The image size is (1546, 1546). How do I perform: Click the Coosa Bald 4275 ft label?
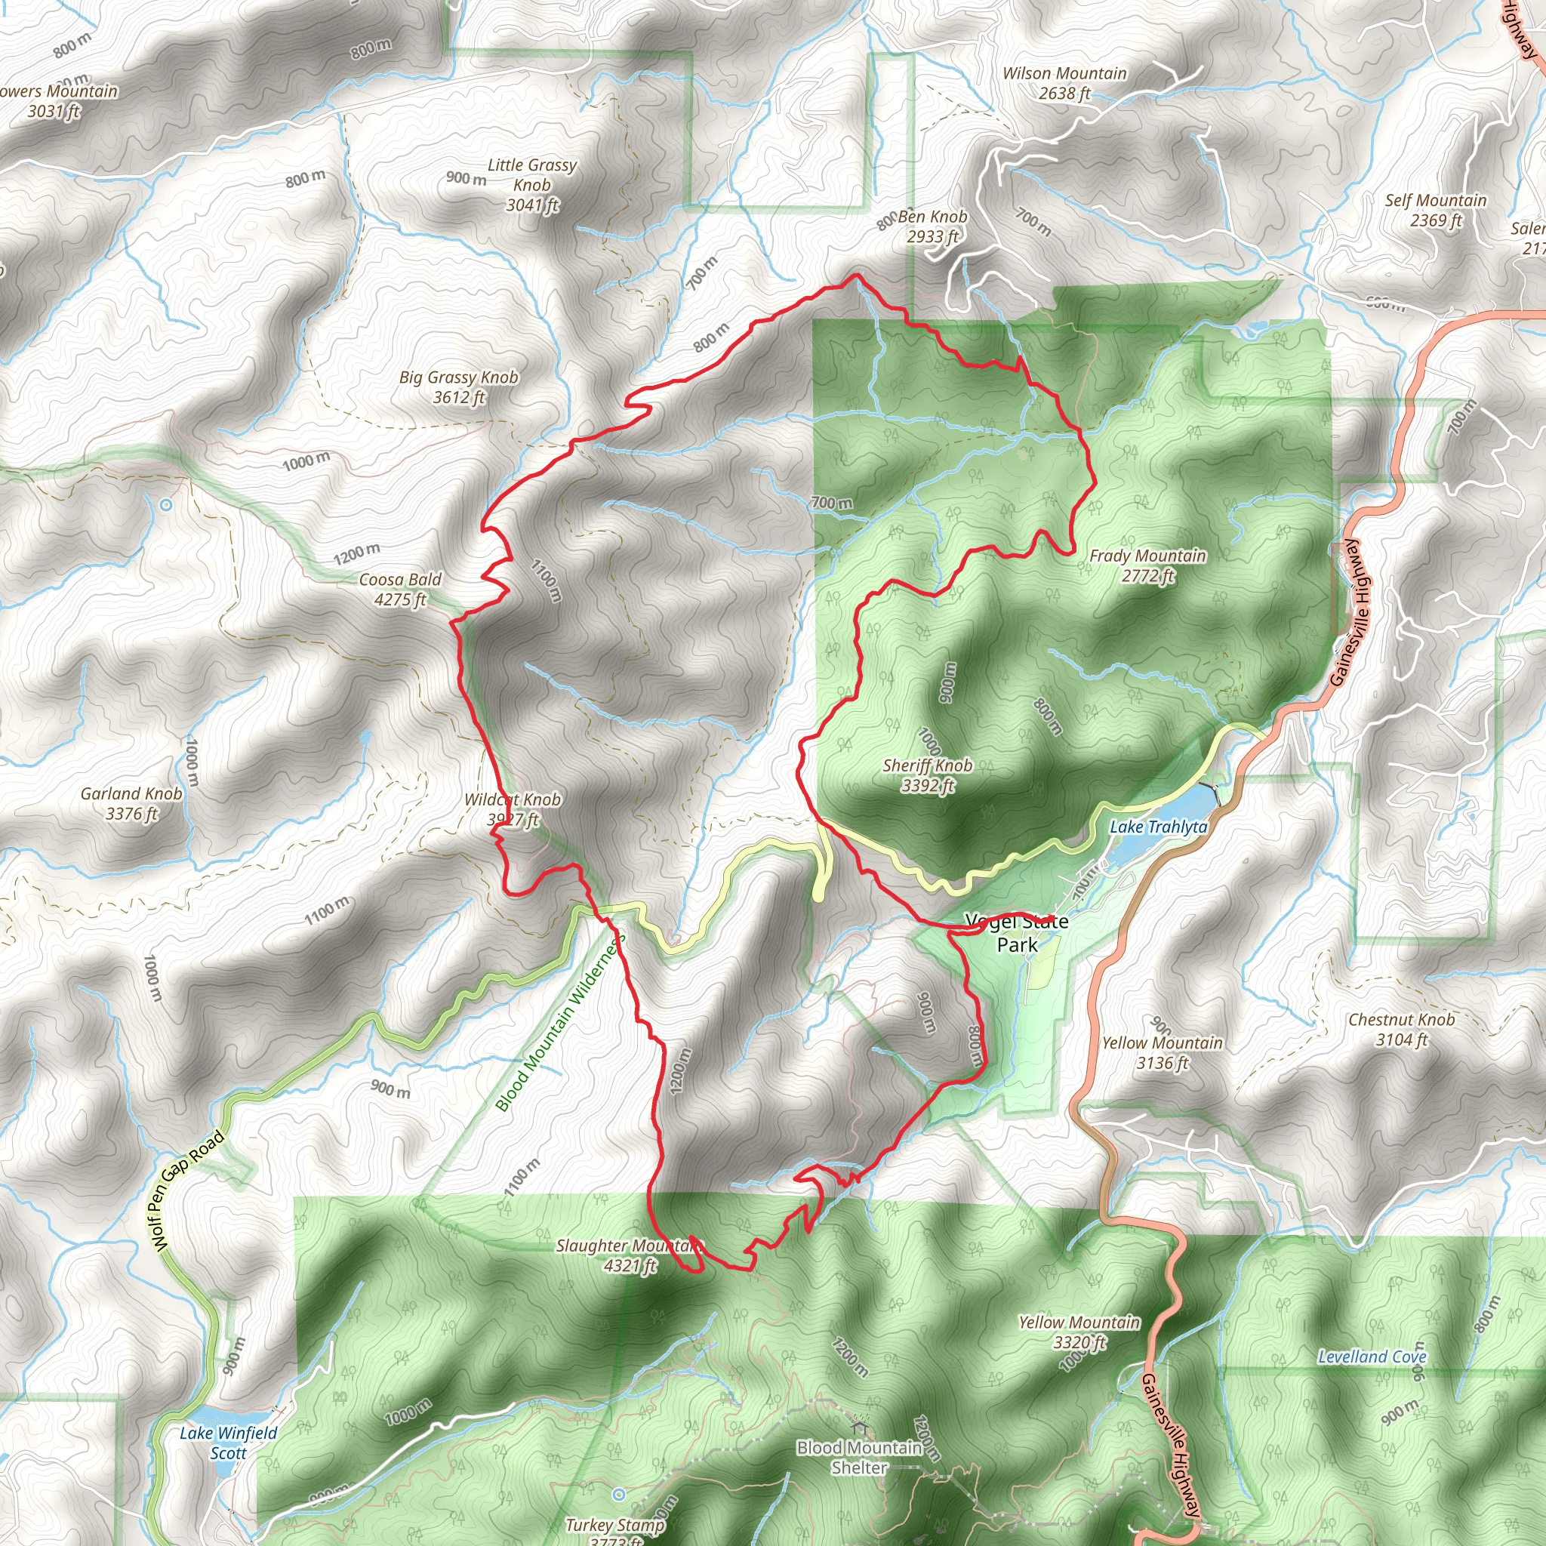[x=399, y=589]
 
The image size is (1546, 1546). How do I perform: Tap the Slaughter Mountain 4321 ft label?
[x=629, y=1255]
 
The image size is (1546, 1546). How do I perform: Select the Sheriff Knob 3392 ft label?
[x=928, y=775]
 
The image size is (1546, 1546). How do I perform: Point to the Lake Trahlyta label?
[x=1158, y=827]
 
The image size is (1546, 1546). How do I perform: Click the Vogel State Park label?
[x=1016, y=933]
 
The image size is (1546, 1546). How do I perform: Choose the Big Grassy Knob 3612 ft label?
[x=458, y=386]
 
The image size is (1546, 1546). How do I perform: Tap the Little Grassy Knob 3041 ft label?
[x=531, y=185]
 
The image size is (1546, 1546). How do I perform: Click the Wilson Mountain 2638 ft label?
[x=1064, y=83]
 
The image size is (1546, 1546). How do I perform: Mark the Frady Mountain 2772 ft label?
[x=1147, y=565]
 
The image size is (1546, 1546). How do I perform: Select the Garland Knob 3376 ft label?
[x=131, y=802]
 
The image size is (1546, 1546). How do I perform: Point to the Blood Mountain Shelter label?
[x=859, y=1457]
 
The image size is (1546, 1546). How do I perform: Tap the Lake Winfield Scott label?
[x=228, y=1443]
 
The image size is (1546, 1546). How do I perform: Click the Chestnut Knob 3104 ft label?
[x=1401, y=1029]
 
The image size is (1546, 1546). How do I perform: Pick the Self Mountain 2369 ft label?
[x=1436, y=210]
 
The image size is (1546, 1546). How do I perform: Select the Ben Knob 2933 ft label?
[x=932, y=226]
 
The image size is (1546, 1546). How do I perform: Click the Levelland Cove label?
[x=1372, y=1357]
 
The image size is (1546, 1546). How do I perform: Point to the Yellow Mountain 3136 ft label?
[x=1162, y=1052]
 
